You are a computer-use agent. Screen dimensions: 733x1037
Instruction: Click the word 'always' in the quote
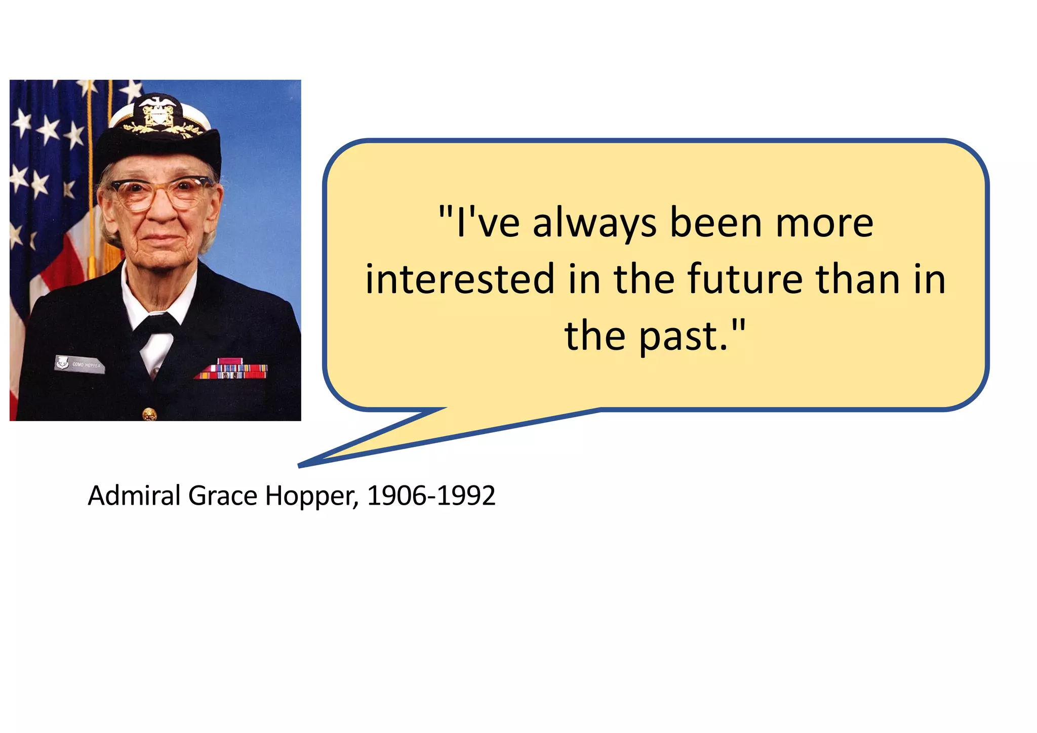[594, 224]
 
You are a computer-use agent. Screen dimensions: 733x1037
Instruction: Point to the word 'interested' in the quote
[460, 279]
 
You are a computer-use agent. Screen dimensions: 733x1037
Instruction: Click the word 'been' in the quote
[716, 223]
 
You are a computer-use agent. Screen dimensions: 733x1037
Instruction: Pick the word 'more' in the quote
[824, 223]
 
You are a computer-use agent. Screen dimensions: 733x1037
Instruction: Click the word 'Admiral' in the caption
[134, 496]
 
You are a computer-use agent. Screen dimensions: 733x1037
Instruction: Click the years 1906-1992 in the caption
[431, 496]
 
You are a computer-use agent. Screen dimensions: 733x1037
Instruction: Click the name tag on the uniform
[79, 364]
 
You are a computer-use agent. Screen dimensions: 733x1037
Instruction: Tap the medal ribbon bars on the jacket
[232, 370]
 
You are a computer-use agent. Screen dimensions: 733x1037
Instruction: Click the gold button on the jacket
[149, 414]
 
